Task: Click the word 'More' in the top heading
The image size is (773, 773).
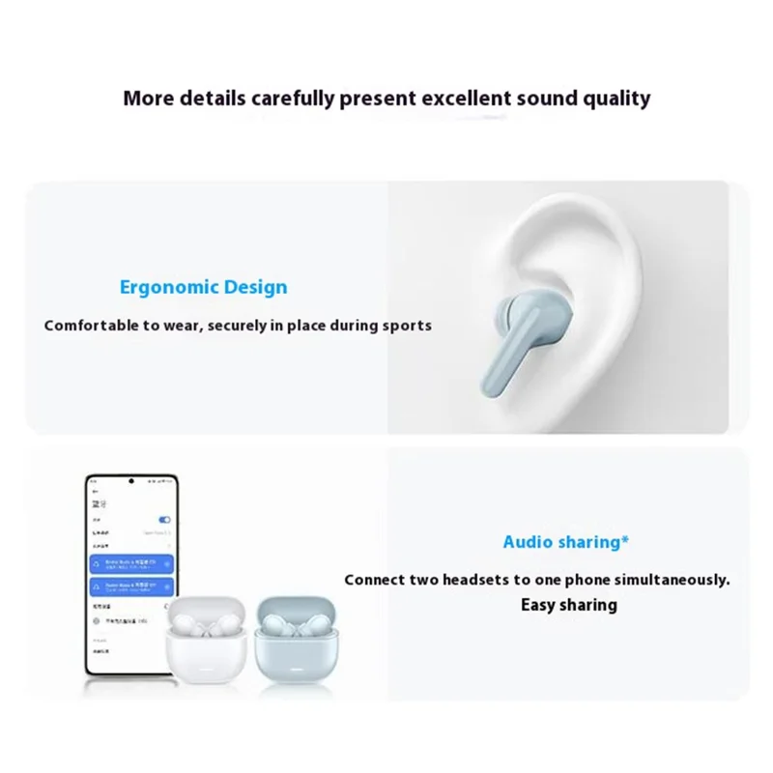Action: (152, 98)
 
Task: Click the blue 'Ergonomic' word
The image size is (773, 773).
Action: (165, 287)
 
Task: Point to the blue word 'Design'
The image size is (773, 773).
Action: (251, 287)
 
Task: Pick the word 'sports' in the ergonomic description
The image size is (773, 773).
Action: (406, 326)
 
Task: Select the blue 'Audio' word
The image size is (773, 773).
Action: (530, 542)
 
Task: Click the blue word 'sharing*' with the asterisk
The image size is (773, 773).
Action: (589, 542)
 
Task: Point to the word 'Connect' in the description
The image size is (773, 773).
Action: (378, 580)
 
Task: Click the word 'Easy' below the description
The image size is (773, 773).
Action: (541, 605)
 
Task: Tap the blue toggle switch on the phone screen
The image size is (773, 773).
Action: (164, 519)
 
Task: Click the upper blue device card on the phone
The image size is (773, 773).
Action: (129, 563)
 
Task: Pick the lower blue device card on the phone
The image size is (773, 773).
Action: (129, 587)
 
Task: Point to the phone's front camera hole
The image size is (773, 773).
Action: (130, 481)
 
